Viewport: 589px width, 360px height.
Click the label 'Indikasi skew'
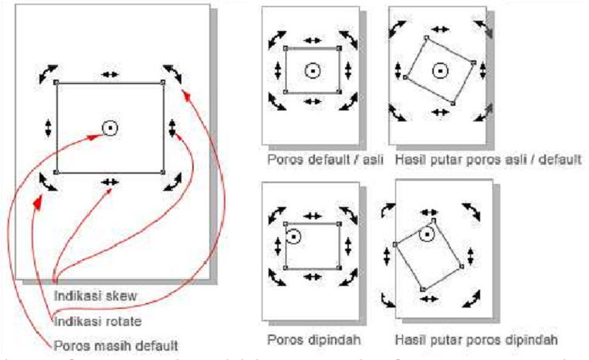click(86, 294)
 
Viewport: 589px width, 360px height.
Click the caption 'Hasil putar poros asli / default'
click(486, 161)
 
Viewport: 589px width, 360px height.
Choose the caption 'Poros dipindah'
click(305, 339)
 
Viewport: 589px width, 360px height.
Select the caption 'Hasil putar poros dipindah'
click(476, 339)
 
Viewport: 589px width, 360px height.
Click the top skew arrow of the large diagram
click(110, 74)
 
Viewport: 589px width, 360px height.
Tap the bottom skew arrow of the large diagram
click(110, 181)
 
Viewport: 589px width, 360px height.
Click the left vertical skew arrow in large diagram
click(48, 127)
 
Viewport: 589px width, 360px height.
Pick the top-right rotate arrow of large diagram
click(173, 73)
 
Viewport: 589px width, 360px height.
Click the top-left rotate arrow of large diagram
click(47, 73)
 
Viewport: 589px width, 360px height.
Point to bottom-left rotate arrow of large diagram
click(47, 182)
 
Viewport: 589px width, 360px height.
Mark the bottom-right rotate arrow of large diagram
click(173, 182)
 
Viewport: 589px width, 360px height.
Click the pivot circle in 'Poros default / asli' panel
click(312, 71)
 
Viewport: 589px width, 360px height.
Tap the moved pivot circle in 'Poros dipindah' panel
click(293, 236)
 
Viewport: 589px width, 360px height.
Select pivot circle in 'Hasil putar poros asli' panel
click(439, 71)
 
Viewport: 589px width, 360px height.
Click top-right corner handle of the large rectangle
click(163, 82)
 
